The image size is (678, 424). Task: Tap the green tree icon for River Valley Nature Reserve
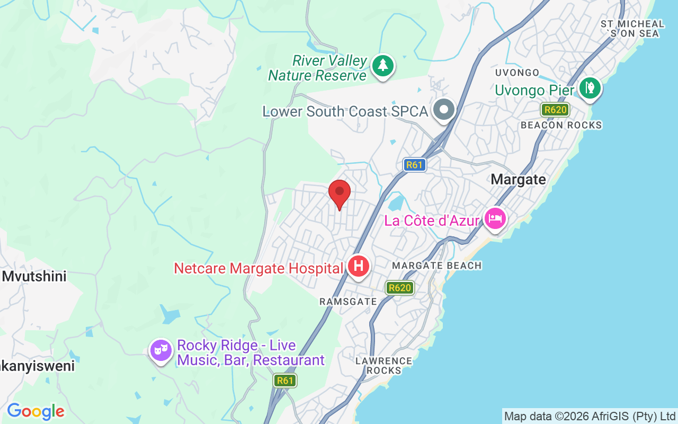coord(383,66)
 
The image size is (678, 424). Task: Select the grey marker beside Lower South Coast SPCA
coord(444,110)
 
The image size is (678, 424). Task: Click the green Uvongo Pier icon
coord(590,88)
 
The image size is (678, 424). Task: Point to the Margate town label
coord(518,180)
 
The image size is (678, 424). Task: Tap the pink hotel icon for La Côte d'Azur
coord(495,218)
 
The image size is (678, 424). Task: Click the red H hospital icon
coord(358,267)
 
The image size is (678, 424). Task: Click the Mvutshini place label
coord(34,276)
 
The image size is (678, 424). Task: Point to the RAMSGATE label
coord(348,302)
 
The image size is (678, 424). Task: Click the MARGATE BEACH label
coord(437,266)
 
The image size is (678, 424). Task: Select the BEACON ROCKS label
coord(561,125)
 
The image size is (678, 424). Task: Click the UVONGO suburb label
coord(517,73)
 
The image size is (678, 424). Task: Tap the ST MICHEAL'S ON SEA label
coord(632,29)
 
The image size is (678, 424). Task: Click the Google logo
coord(35,411)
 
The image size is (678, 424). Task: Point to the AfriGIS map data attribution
coord(590,416)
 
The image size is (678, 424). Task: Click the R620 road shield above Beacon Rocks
coord(555,110)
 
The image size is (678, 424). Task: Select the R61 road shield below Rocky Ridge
coord(285,380)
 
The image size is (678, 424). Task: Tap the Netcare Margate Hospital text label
coord(258,269)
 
